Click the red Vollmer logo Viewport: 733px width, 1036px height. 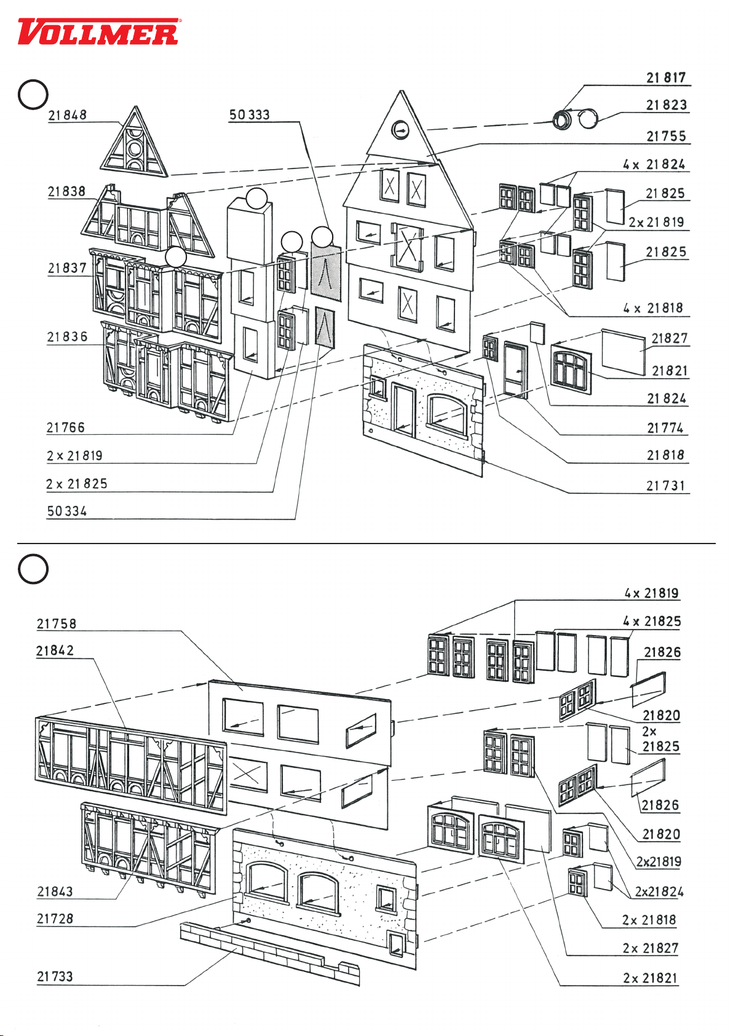click(x=98, y=32)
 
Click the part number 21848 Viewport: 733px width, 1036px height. click(x=68, y=115)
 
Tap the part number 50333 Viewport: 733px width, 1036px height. click(x=250, y=115)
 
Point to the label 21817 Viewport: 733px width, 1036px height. click(x=665, y=77)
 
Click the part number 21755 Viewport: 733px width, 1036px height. click(x=665, y=136)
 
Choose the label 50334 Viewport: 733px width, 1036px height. click(x=67, y=511)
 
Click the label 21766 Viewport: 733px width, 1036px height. click(x=66, y=427)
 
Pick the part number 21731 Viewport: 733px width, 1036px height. click(x=665, y=486)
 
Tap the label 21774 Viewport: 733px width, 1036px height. click(x=665, y=428)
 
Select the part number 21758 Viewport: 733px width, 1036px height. click(x=57, y=623)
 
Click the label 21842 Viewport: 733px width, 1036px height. click(x=55, y=650)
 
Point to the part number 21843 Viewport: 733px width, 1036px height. click(x=55, y=892)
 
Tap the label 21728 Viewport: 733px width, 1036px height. click(x=55, y=919)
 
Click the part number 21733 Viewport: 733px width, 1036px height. click(x=55, y=976)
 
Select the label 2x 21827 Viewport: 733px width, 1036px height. click(x=650, y=948)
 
